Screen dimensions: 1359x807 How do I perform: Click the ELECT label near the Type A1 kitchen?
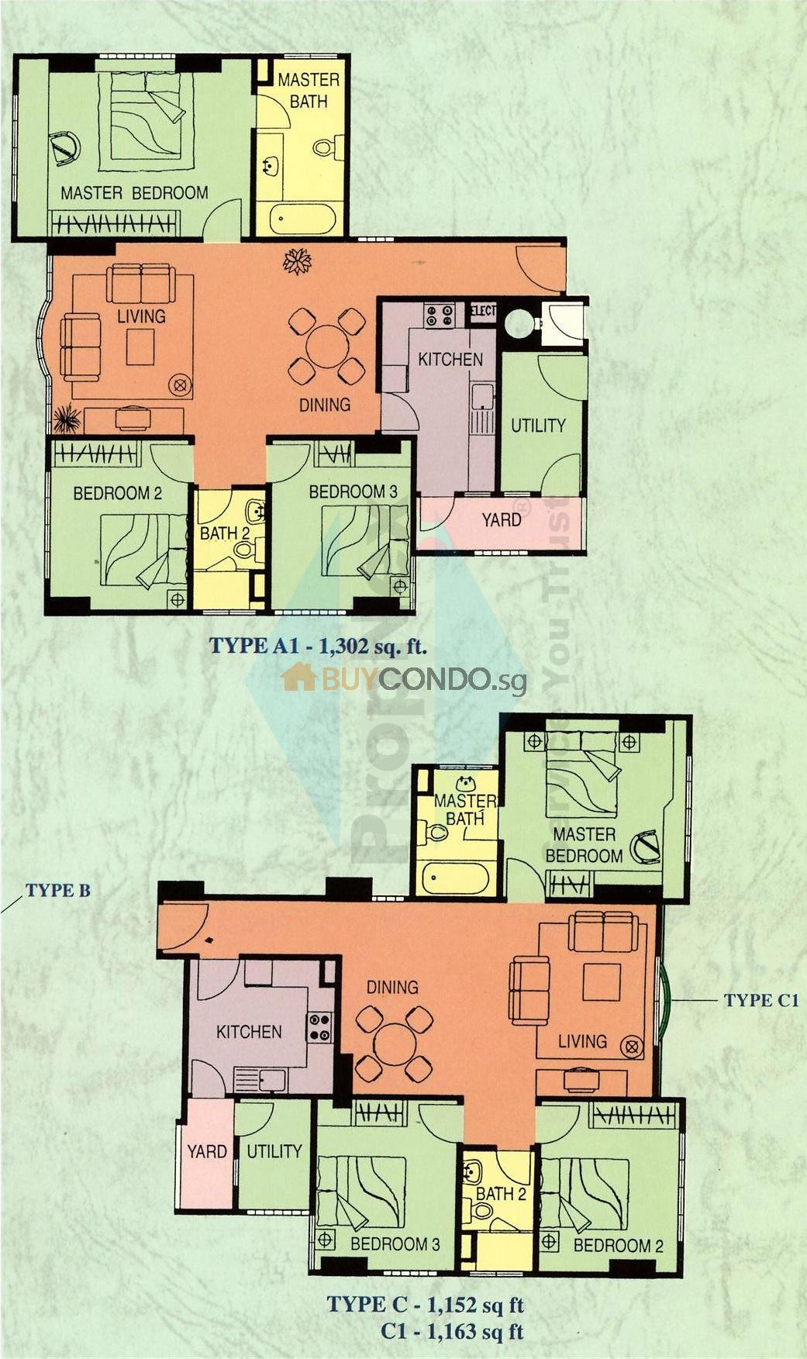point(483,312)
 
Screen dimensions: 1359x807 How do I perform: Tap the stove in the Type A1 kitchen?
point(439,315)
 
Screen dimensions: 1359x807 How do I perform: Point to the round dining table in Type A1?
point(327,347)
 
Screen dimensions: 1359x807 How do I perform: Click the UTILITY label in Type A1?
point(538,426)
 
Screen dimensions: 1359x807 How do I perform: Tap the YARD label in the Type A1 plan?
point(502,519)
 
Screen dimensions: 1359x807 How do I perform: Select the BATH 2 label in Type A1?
point(225,533)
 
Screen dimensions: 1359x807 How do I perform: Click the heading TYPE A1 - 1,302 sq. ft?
point(319,647)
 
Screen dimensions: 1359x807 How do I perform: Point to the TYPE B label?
point(58,890)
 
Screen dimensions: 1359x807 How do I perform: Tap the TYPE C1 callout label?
point(761,1000)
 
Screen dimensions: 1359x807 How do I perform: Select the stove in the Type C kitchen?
point(320,1026)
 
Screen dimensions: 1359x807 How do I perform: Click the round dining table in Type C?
point(394,1044)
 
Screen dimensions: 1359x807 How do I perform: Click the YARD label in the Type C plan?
point(206,1151)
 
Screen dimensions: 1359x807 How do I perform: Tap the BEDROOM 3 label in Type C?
point(395,1244)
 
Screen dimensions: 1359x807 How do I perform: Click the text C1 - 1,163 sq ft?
point(452,1333)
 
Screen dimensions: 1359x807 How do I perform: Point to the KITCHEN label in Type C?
point(249,1032)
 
